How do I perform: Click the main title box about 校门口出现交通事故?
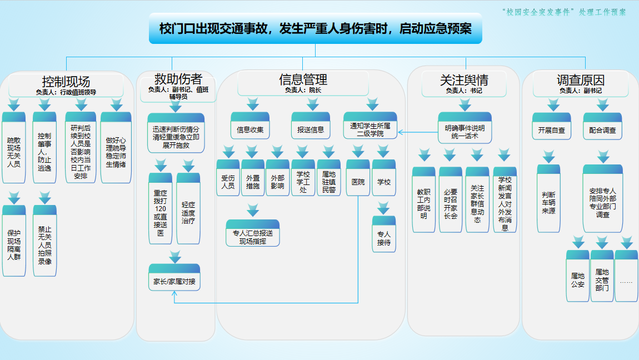tap(315, 29)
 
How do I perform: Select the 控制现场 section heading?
tap(66, 82)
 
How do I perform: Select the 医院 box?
tap(358, 180)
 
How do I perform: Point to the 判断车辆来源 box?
tap(548, 201)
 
